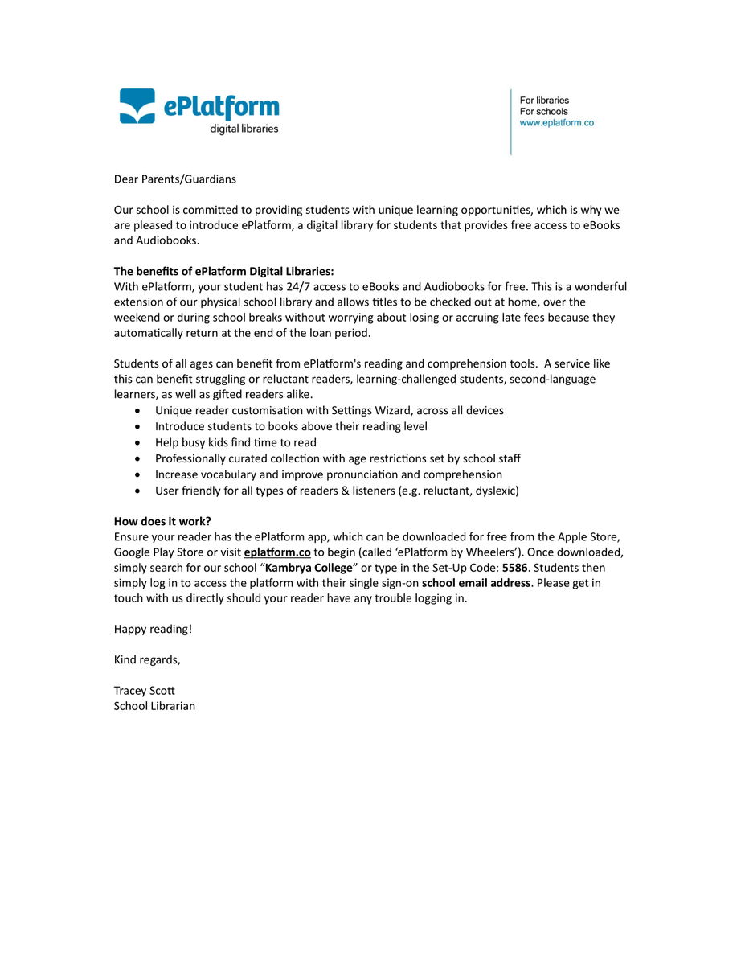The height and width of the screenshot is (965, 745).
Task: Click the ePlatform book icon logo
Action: click(x=137, y=106)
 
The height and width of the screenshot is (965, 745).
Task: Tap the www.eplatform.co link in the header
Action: click(x=556, y=123)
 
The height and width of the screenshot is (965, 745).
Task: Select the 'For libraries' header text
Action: click(x=544, y=101)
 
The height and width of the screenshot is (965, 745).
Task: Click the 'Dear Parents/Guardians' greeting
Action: click(x=175, y=179)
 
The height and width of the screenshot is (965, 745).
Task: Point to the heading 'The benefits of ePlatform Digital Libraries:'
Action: click(x=223, y=272)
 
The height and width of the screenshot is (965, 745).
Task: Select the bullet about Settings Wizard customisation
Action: click(x=329, y=411)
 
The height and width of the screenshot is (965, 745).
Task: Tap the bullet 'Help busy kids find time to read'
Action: click(x=235, y=443)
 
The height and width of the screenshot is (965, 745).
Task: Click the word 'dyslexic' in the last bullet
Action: click(x=493, y=491)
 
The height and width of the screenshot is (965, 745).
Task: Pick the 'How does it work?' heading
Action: click(x=162, y=521)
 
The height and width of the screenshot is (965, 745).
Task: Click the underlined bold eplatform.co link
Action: click(x=277, y=552)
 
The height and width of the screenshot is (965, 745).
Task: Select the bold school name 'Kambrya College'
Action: click(x=309, y=568)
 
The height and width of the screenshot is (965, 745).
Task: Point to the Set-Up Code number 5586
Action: click(x=515, y=568)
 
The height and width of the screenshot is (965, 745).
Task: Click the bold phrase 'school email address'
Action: click(x=476, y=583)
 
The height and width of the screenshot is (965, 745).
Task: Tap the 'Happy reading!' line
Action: click(x=153, y=629)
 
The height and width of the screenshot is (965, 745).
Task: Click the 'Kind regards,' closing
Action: click(x=147, y=660)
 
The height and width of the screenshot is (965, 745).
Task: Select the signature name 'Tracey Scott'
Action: click(x=145, y=691)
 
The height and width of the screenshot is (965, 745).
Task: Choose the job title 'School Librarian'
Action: click(x=154, y=707)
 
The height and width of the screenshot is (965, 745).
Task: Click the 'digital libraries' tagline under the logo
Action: click(x=244, y=129)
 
